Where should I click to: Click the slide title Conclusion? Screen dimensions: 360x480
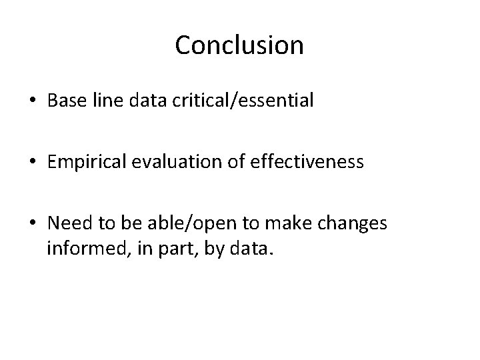coord(239,45)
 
